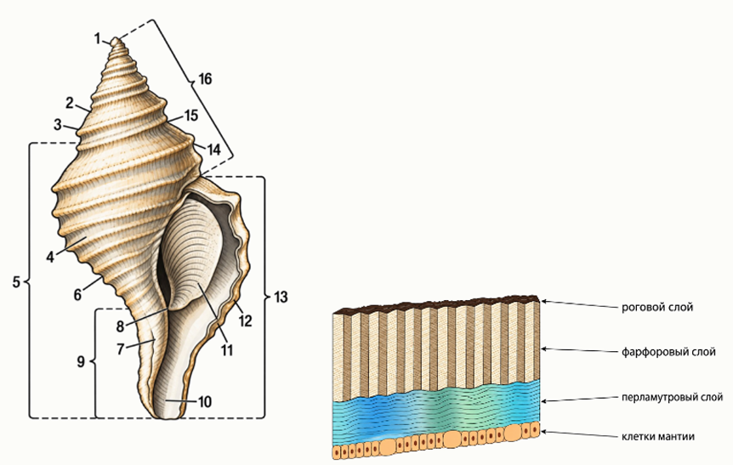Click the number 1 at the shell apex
[97, 39]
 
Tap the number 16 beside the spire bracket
[205, 79]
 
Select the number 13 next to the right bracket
[281, 298]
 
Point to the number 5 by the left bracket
[16, 282]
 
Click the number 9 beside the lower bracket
[81, 362]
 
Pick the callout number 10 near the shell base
[205, 401]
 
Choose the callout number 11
[227, 349]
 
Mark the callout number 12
[245, 321]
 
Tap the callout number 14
[213, 150]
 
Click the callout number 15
[191, 116]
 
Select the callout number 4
[50, 257]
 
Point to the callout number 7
[121, 349]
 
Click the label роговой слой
[656, 308]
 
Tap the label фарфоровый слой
[668, 351]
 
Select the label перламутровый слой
[673, 397]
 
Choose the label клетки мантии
[657, 437]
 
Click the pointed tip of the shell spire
[115, 39]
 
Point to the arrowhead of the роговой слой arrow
[543, 302]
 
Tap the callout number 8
[120, 326]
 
